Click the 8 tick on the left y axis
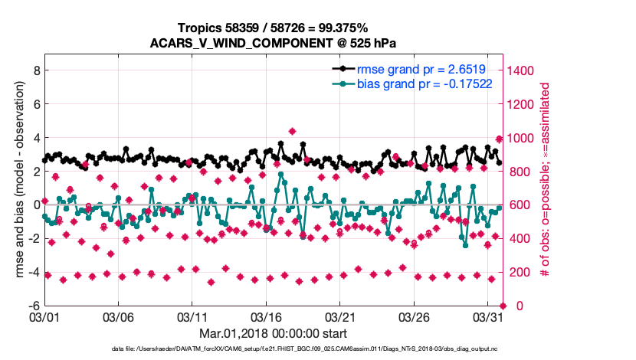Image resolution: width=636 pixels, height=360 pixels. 35,70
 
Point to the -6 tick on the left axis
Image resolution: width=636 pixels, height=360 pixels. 33,305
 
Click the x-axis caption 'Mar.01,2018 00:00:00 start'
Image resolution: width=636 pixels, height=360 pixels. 273,333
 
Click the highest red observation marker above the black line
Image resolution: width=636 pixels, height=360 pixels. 292,132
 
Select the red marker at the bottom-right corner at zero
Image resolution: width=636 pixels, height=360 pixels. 502,306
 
